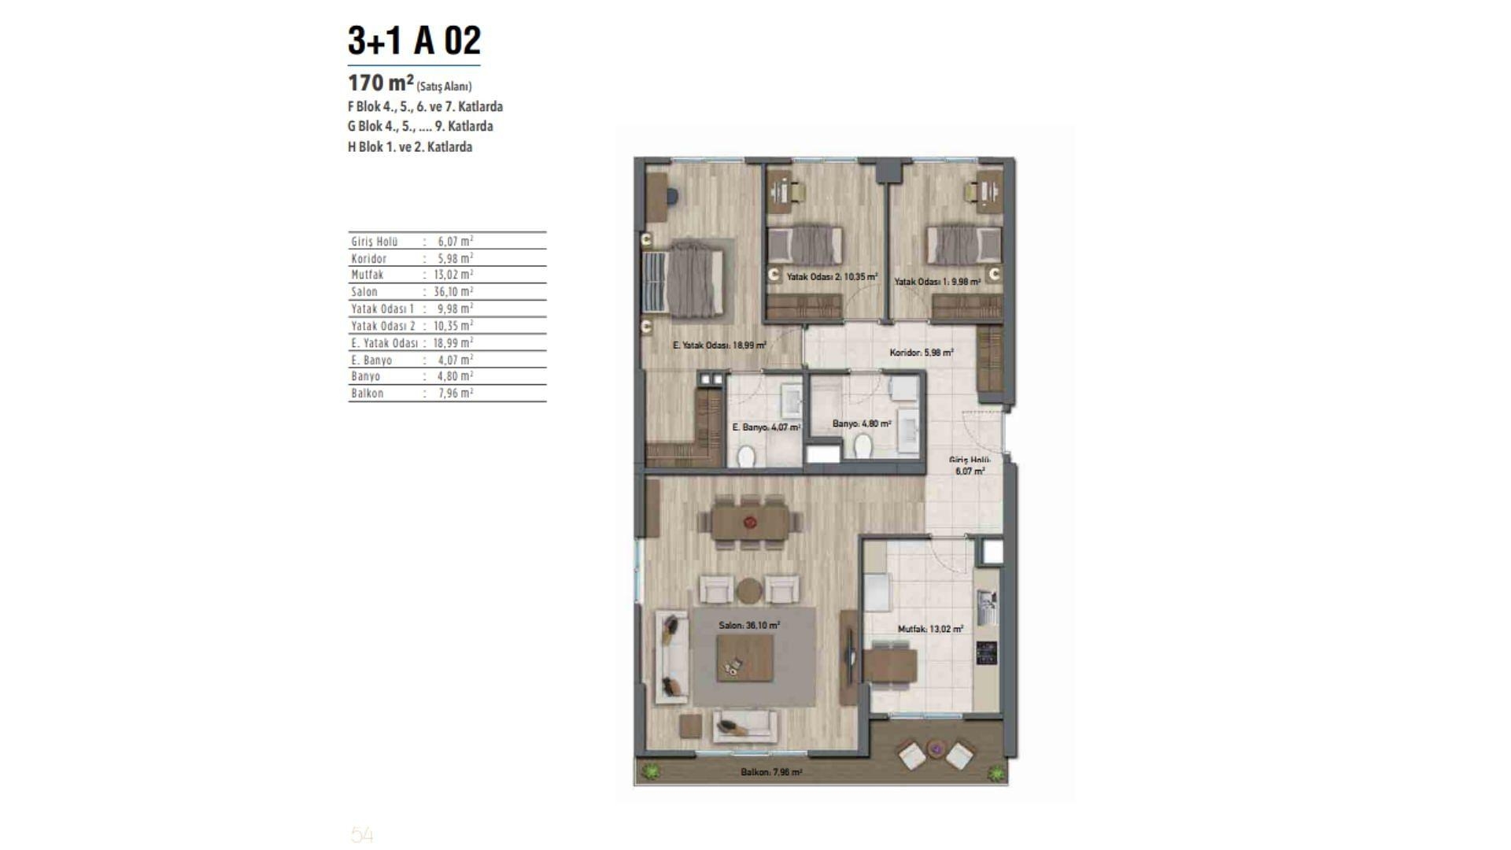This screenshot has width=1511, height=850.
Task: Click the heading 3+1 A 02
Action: [x=414, y=41]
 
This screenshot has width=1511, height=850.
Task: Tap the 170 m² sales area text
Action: [x=410, y=83]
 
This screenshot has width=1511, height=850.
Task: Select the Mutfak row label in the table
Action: [x=368, y=275]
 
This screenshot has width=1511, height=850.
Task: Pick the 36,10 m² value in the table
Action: [x=453, y=291]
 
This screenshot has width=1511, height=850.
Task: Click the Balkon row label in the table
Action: [x=368, y=393]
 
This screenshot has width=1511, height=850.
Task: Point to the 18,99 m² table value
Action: [x=453, y=342]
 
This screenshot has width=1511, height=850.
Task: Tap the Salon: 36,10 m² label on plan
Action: [x=749, y=626]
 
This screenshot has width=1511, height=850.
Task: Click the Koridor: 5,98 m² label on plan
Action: [x=922, y=353]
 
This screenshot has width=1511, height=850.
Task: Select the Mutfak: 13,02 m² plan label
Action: [x=931, y=630]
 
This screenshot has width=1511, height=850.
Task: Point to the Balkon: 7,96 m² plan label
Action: [x=771, y=773]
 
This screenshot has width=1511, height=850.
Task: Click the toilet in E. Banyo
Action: [x=746, y=456]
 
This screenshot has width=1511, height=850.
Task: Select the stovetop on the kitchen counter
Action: [x=987, y=652]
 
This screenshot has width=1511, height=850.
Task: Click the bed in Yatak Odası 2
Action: [x=804, y=245]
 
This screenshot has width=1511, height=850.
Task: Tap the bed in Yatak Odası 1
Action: [x=963, y=245]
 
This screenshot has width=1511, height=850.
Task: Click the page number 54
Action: [x=362, y=835]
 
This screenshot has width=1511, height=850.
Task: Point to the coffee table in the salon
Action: [x=744, y=658]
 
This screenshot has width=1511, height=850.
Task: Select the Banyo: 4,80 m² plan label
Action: [x=862, y=424]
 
